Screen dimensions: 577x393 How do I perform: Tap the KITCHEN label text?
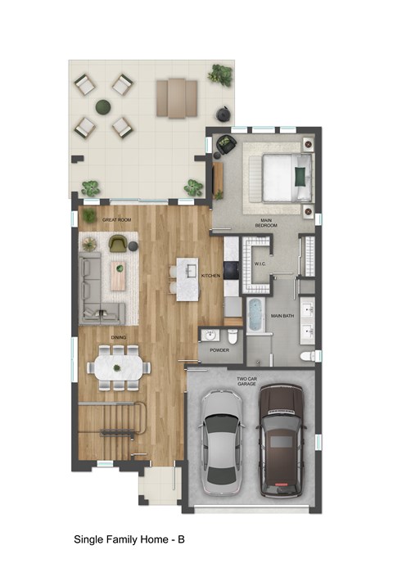tap(211, 276)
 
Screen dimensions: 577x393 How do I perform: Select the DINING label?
tap(118, 336)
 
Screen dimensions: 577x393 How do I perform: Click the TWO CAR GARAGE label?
tap(249, 381)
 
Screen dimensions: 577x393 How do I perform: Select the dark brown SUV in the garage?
tap(281, 440)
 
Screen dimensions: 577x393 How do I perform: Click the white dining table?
tap(119, 366)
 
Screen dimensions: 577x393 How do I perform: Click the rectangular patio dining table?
tap(178, 97)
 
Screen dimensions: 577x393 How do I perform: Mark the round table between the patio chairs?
tap(102, 106)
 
